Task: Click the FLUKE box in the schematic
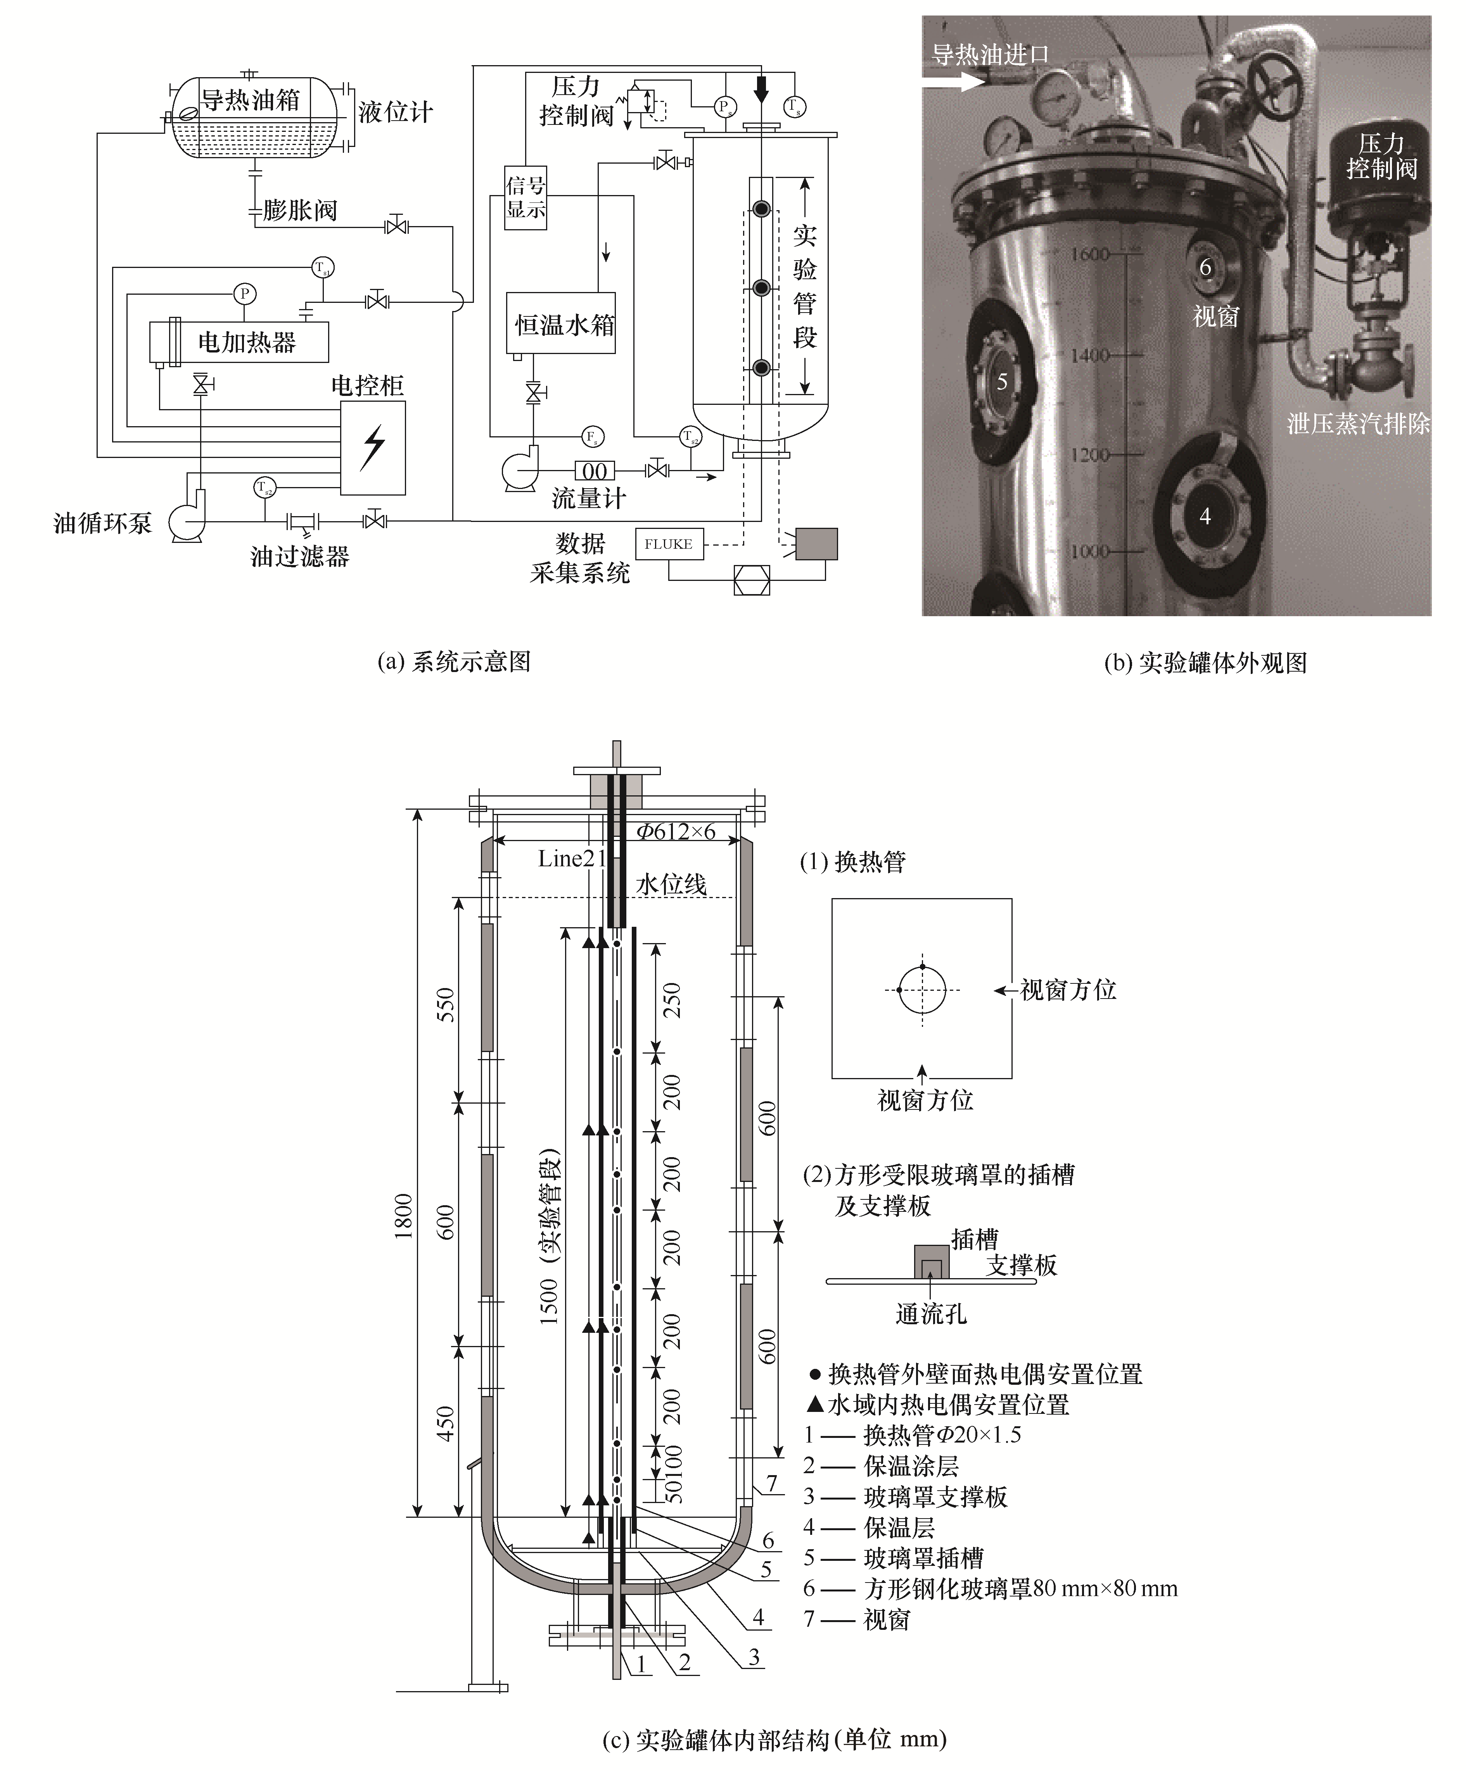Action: (668, 544)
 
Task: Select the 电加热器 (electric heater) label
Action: (246, 342)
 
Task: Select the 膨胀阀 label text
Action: (299, 210)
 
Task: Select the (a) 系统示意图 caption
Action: (454, 662)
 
